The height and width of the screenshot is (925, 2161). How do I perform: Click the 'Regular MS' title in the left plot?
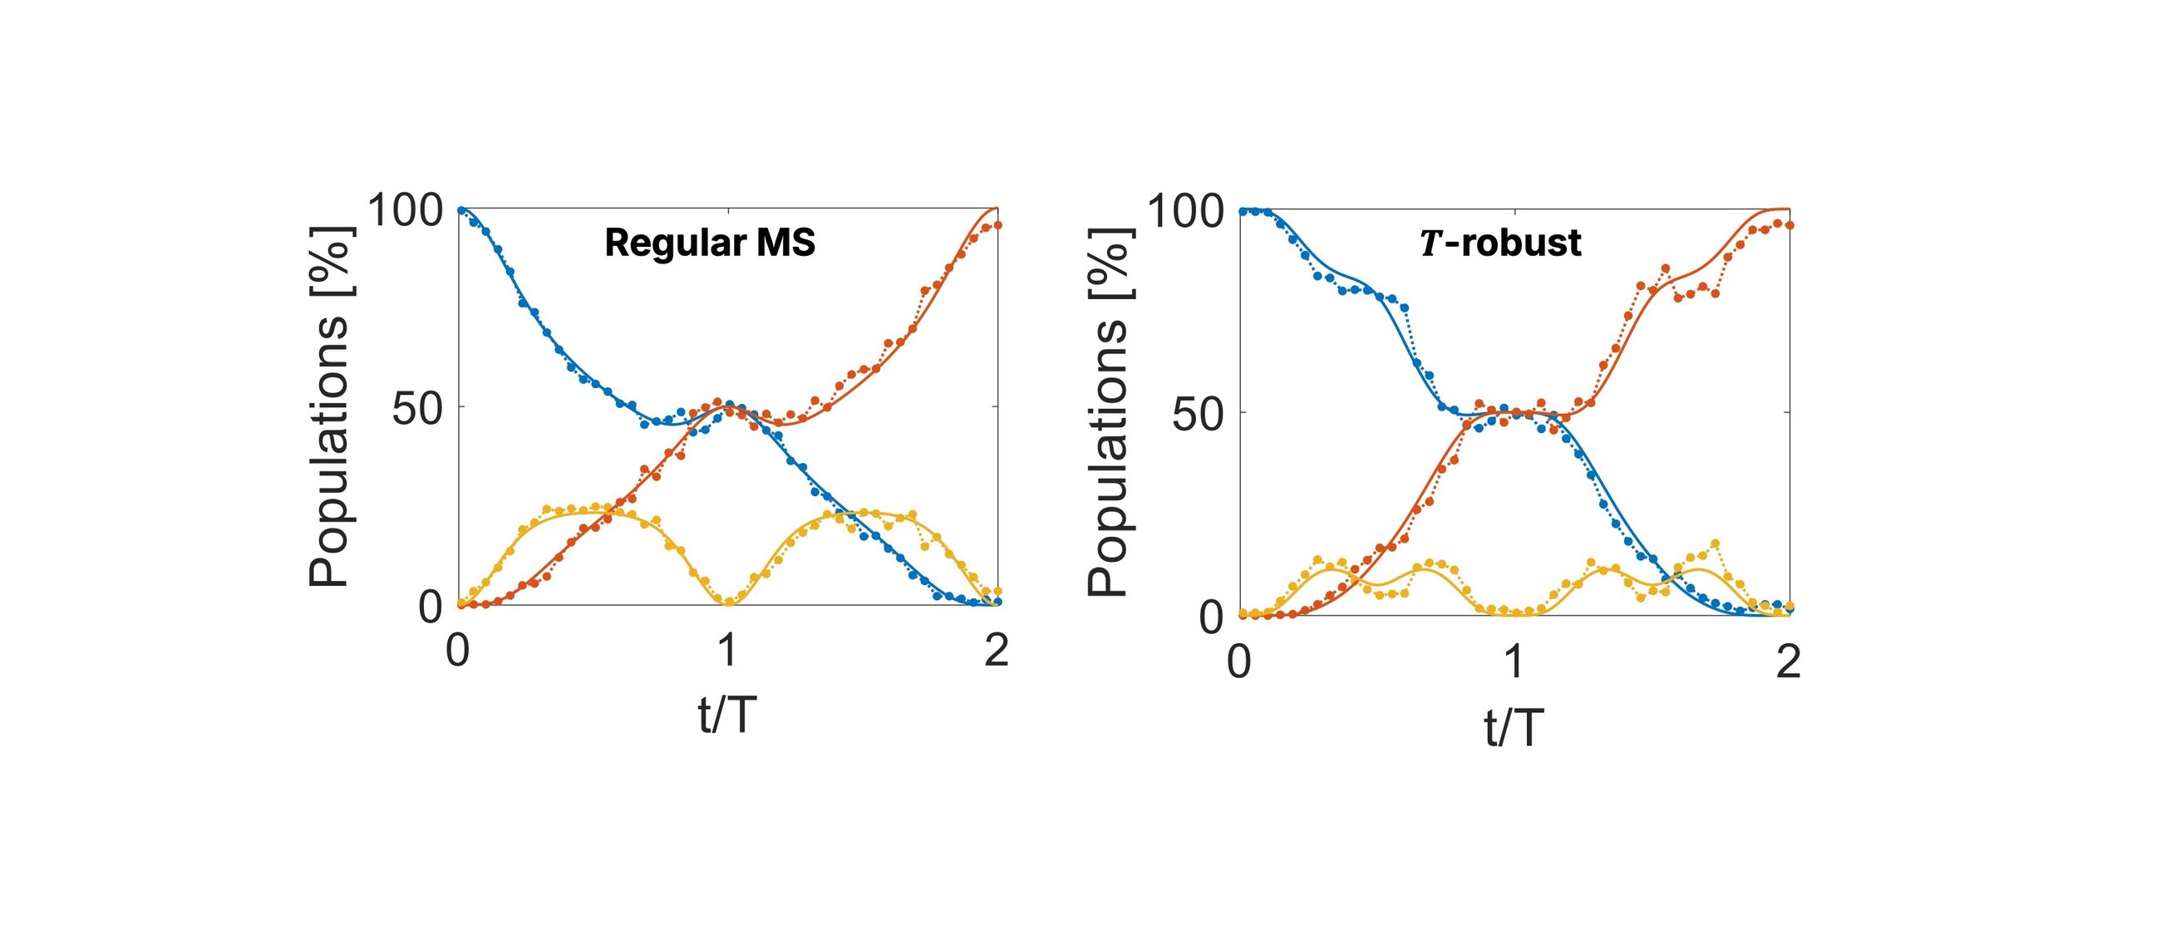pyautogui.click(x=710, y=244)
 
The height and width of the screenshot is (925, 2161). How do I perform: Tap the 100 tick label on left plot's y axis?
pyautogui.click(x=406, y=209)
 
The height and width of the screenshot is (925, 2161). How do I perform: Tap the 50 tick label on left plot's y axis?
pyautogui.click(x=417, y=408)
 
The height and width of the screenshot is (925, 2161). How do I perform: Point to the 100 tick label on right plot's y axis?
pyautogui.click(x=1184, y=209)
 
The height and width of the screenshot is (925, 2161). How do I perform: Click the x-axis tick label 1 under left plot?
pyautogui.click(x=727, y=652)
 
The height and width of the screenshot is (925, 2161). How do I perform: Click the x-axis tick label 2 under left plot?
pyautogui.click(x=997, y=652)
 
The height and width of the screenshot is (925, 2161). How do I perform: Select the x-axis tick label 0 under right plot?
pyautogui.click(x=1239, y=662)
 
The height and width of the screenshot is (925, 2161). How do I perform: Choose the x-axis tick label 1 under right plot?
pyautogui.click(x=1514, y=662)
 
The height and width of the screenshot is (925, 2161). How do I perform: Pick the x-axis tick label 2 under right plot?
pyautogui.click(x=1789, y=662)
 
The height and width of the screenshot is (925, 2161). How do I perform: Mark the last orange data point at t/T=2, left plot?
pyautogui.click(x=997, y=224)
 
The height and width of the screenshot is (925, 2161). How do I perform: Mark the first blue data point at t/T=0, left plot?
pyautogui.click(x=459, y=209)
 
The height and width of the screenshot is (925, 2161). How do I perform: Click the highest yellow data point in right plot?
pyautogui.click(x=1715, y=544)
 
